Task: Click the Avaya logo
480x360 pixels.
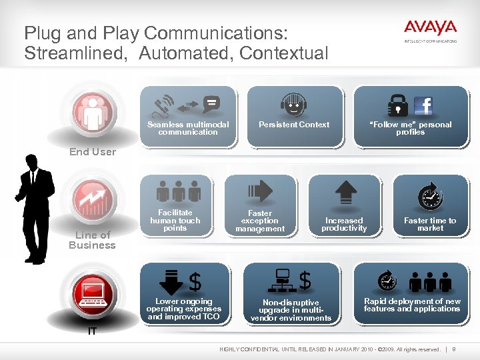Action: pyautogui.click(x=430, y=29)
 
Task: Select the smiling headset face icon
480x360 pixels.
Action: pyautogui.click(x=293, y=105)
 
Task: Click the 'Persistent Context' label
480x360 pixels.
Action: pyautogui.click(x=294, y=125)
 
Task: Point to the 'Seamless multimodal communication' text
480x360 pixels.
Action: pyautogui.click(x=188, y=128)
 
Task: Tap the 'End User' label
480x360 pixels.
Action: pyautogui.click(x=93, y=152)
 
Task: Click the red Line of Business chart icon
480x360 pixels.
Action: pyautogui.click(x=93, y=199)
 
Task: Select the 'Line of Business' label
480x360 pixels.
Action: pyautogui.click(x=92, y=240)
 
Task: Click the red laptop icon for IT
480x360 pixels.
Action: pyautogui.click(x=93, y=293)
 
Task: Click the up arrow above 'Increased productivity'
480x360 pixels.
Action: pyautogui.click(x=345, y=193)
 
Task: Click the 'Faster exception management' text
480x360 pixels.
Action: pyautogui.click(x=260, y=221)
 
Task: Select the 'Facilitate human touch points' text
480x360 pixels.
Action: pyautogui.click(x=175, y=221)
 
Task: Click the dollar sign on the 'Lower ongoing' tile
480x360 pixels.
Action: pyautogui.click(x=195, y=282)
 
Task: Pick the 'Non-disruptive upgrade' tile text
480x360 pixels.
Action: pyautogui.click(x=291, y=310)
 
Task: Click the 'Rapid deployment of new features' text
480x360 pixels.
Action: pyautogui.click(x=412, y=305)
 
